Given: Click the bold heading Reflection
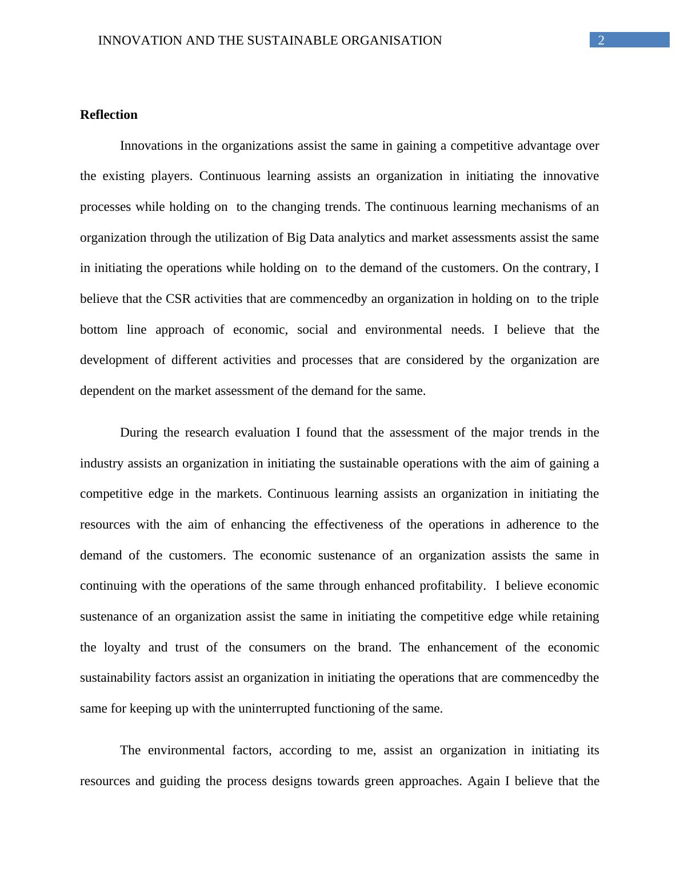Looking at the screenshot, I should [x=109, y=115].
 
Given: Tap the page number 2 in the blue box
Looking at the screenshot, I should [x=601, y=40].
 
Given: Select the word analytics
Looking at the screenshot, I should [x=361, y=238].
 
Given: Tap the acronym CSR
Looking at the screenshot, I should [x=175, y=299].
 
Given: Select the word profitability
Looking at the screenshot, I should [x=451, y=586].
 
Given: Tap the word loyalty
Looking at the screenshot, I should [x=122, y=647].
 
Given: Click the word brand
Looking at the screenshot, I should [x=374, y=647].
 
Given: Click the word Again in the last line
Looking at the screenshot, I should [x=483, y=781].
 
